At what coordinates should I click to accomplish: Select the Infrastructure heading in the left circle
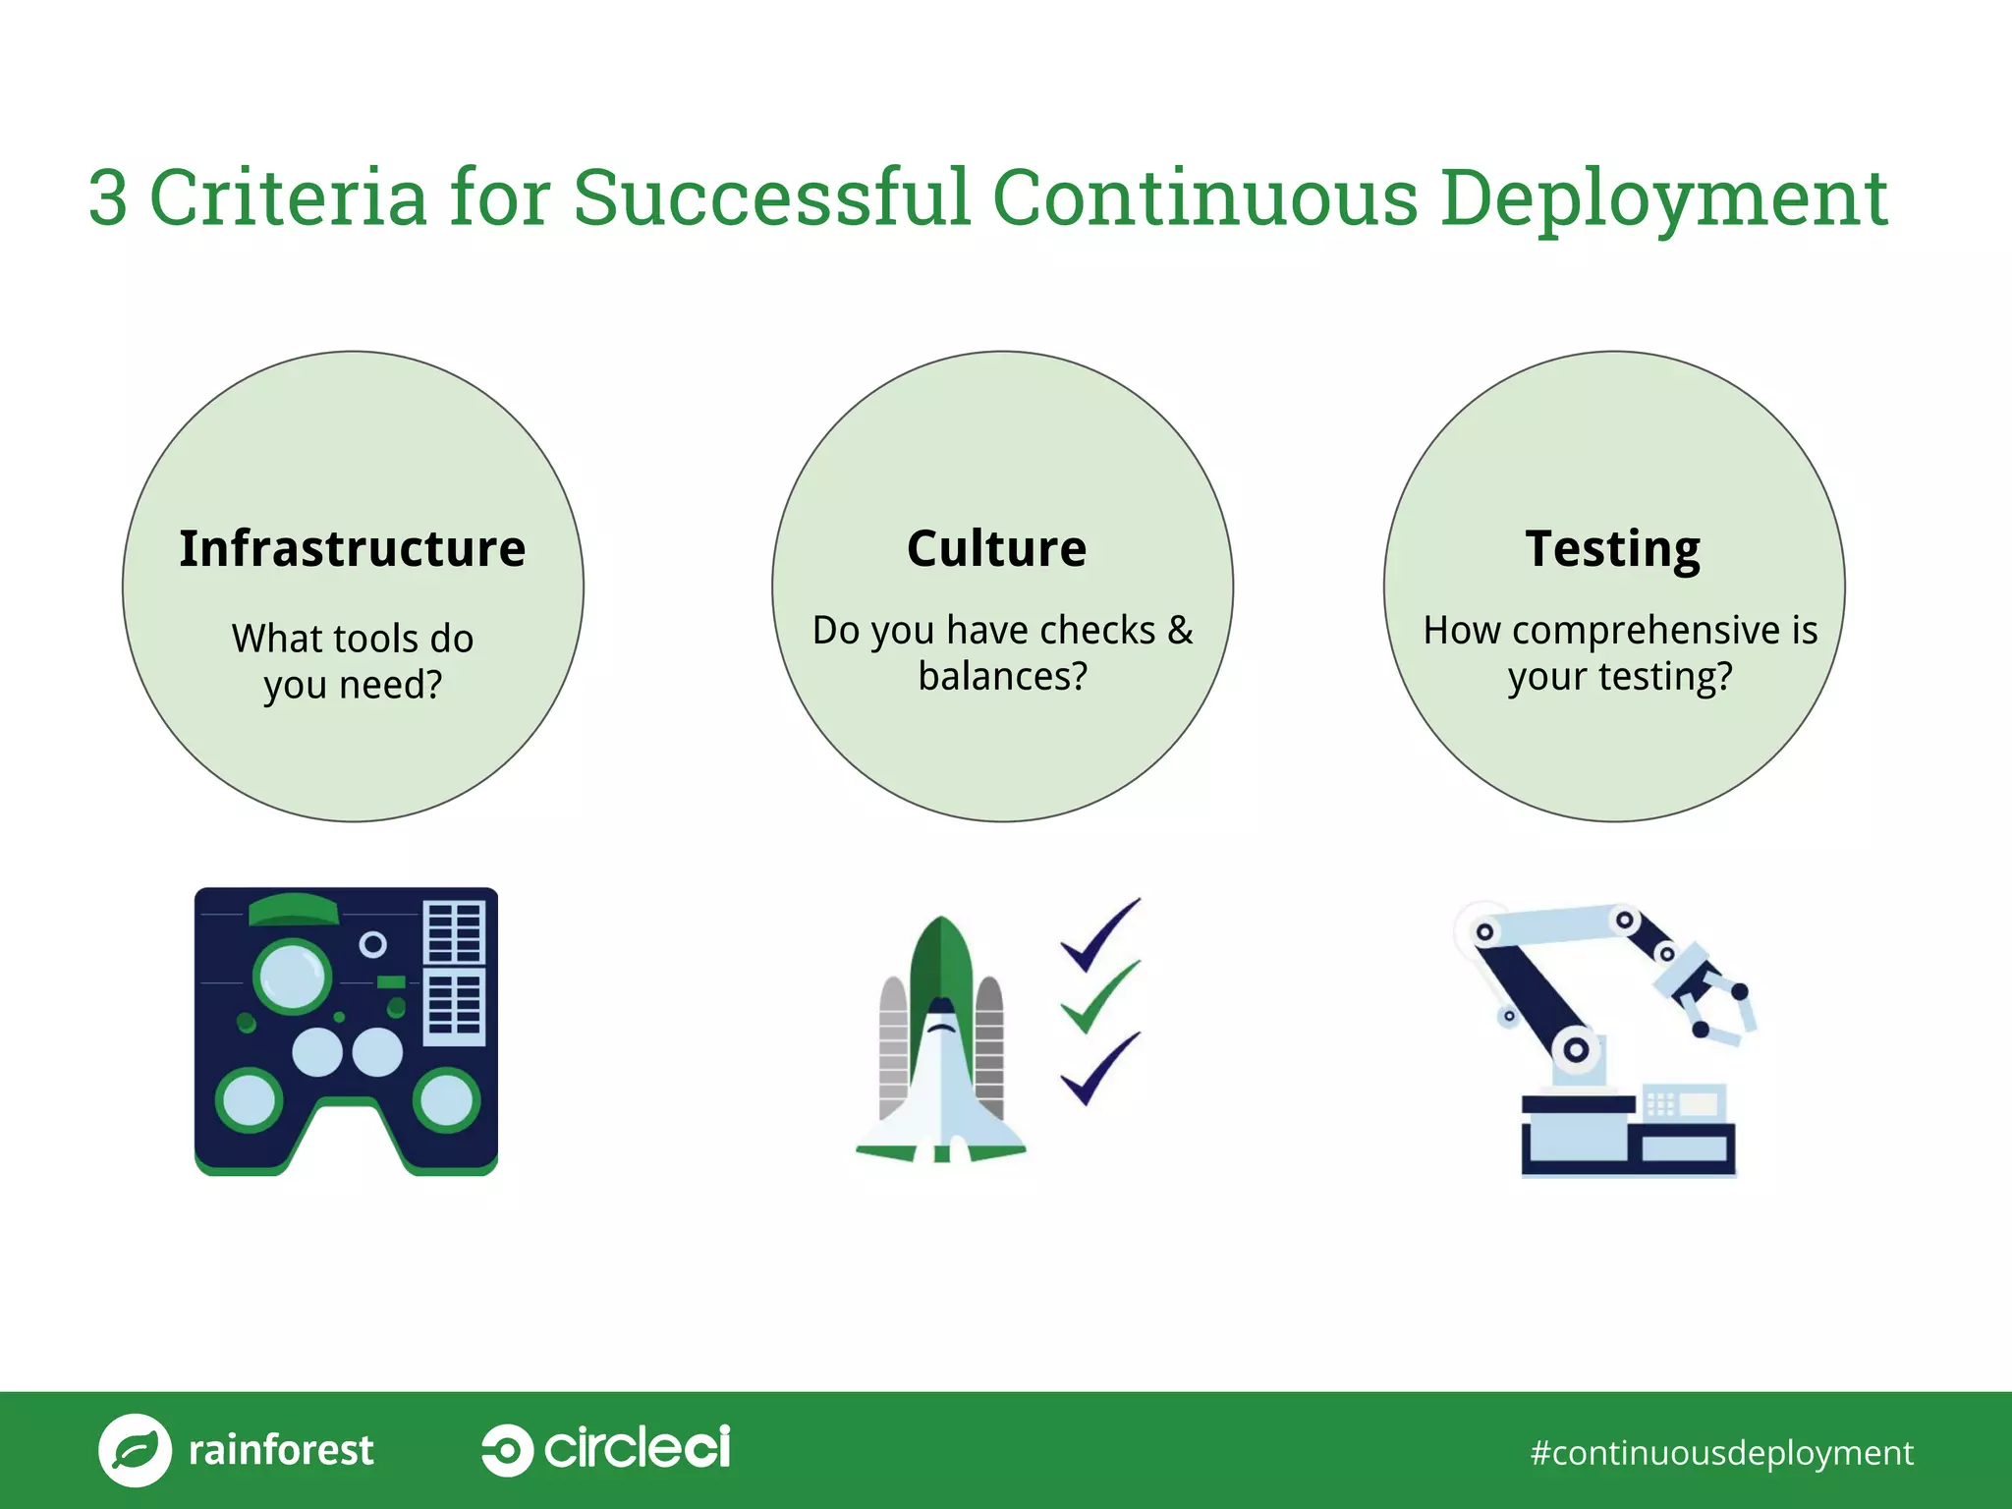353,548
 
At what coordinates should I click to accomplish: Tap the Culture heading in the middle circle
996,548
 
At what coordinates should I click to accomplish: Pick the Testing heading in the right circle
1612,548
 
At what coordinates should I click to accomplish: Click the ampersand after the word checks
1180,630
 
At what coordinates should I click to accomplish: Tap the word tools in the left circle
374,639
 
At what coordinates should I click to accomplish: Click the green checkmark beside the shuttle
1098,998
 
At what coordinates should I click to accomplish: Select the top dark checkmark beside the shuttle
1098,934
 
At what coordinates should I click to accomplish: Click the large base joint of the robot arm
1576,1049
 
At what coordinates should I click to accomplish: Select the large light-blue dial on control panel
292,976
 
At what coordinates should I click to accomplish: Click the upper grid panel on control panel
454,931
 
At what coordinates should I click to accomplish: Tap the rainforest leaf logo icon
135,1450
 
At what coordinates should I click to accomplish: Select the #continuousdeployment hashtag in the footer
1721,1452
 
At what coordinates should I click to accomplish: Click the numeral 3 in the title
108,197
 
